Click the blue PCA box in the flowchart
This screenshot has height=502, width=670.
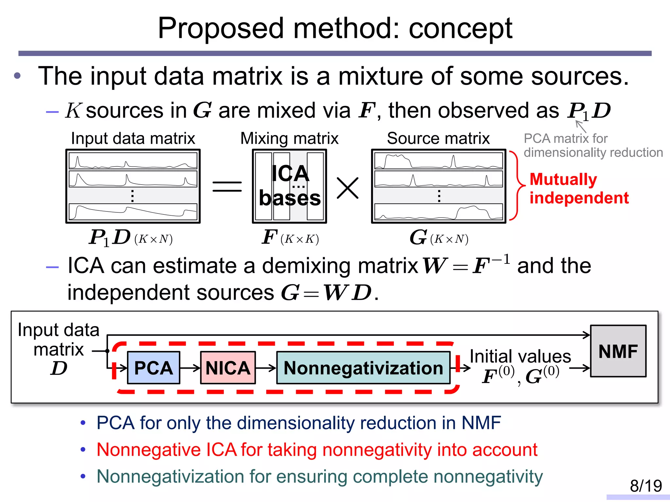click(153, 368)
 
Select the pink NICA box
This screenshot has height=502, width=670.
click(228, 368)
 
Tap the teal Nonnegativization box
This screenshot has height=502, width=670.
click(363, 368)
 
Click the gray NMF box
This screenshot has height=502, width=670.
click(618, 351)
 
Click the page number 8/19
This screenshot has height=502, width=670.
click(645, 486)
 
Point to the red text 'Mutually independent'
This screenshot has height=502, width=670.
click(578, 189)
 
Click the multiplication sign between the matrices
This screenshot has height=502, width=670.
click(347, 188)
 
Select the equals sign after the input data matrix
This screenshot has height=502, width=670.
click(227, 187)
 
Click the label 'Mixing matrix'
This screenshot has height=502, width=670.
click(289, 138)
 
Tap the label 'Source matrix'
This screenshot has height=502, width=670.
click(438, 138)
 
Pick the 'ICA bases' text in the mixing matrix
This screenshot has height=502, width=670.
click(290, 185)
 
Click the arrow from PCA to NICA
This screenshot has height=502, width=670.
click(190, 368)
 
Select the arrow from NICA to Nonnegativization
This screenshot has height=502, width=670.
click(266, 368)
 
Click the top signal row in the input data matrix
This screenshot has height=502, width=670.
click(133, 161)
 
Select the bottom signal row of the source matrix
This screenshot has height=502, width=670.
click(438, 211)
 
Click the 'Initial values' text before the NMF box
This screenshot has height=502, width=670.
click(520, 356)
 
